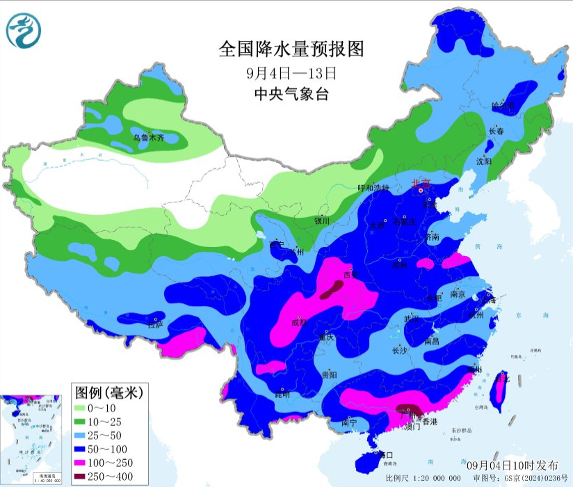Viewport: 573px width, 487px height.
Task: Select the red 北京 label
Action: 421,184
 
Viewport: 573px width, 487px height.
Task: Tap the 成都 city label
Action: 299,322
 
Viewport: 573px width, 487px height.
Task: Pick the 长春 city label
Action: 496,131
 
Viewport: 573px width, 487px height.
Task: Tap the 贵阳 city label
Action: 330,374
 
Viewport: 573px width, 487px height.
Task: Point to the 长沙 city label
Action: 399,351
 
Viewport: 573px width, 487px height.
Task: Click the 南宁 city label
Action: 350,422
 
